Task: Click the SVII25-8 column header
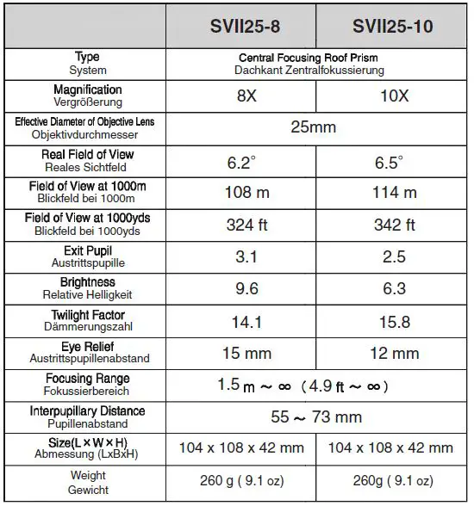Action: pyautogui.click(x=246, y=27)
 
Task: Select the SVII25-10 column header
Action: pyautogui.click(x=393, y=27)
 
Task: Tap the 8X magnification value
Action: pyautogui.click(x=246, y=96)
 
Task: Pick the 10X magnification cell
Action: pyautogui.click(x=393, y=96)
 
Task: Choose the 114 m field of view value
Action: pyautogui.click(x=393, y=193)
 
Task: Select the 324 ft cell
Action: pyautogui.click(x=246, y=225)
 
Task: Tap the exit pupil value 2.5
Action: pyautogui.click(x=393, y=256)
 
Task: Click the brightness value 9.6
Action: pyautogui.click(x=246, y=289)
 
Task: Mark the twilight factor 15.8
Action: pyautogui.click(x=393, y=321)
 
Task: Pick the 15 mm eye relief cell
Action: pyautogui.click(x=246, y=353)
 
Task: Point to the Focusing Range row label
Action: pyautogui.click(x=87, y=379)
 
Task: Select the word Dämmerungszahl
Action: pyautogui.click(x=87, y=327)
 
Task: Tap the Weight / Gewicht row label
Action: pyautogui.click(x=87, y=482)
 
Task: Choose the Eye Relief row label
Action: pyautogui.click(x=87, y=346)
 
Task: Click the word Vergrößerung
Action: pyautogui.click(x=87, y=102)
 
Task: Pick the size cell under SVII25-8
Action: pyautogui.click(x=246, y=448)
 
